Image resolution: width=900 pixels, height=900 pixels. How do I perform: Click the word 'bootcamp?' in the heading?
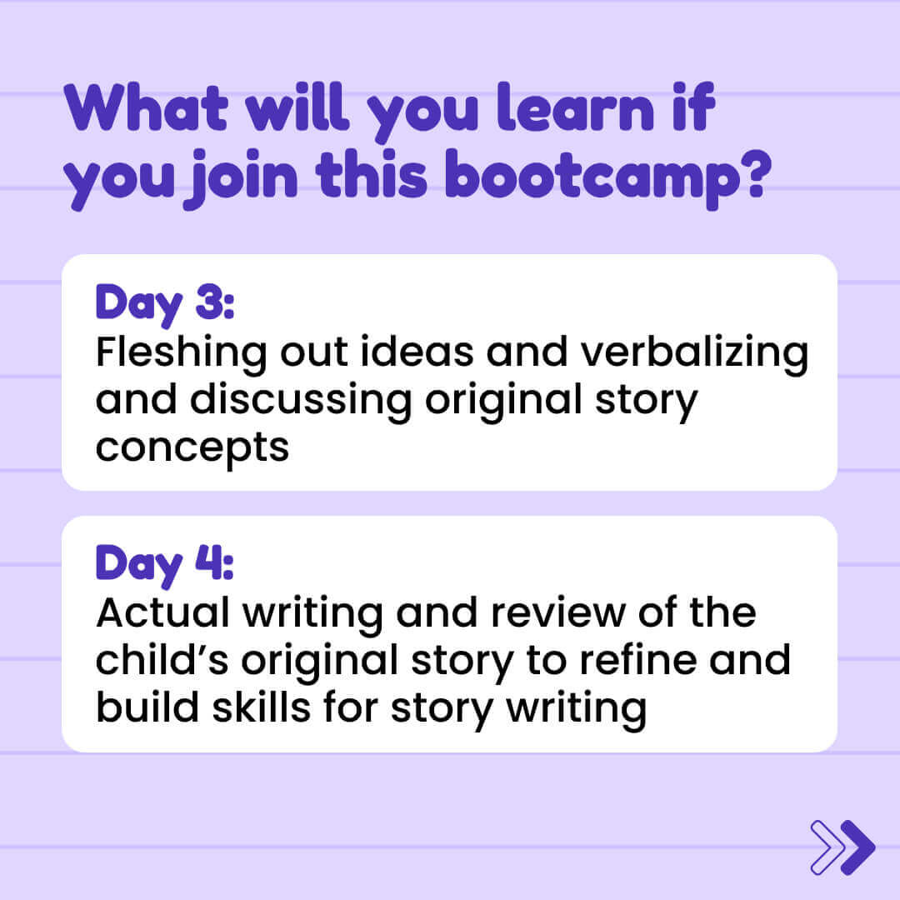[x=607, y=178]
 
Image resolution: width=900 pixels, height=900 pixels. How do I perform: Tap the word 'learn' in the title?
[x=576, y=107]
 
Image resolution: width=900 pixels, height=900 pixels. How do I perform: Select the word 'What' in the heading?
[x=146, y=107]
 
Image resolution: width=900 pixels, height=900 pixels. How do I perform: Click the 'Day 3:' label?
[x=165, y=304]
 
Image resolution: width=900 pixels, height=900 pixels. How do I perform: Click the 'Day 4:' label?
[x=165, y=565]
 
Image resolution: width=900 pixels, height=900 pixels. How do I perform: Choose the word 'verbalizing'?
[x=694, y=353]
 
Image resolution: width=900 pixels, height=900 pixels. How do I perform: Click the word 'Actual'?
[x=163, y=613]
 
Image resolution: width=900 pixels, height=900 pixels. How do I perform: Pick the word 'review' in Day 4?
[x=557, y=613]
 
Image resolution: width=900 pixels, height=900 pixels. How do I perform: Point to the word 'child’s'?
[x=162, y=660]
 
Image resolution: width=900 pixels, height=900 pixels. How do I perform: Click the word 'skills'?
[x=261, y=707]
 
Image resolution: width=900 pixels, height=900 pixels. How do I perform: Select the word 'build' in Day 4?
[x=147, y=707]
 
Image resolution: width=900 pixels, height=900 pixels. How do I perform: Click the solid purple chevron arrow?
[x=857, y=847]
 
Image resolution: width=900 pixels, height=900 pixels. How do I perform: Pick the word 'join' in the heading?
[x=243, y=178]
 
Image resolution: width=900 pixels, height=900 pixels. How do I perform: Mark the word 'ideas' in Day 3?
[x=417, y=352]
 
